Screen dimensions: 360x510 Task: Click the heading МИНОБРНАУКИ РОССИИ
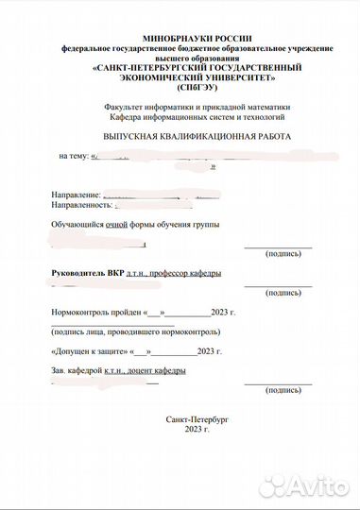[x=198, y=34]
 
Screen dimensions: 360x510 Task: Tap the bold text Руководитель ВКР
[x=86, y=273]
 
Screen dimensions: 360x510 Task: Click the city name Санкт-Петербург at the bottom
[x=197, y=418]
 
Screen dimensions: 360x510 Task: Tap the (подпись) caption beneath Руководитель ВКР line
[x=281, y=293]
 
